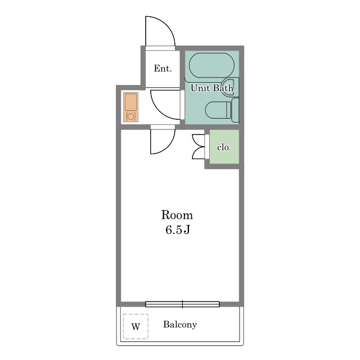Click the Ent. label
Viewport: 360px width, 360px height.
coord(163,69)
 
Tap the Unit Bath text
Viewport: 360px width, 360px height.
coord(212,88)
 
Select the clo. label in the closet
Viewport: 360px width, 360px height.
coord(224,147)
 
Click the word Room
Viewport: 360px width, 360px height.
coord(177,215)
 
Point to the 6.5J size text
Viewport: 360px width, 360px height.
coord(178,230)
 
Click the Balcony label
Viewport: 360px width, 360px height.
coord(180,325)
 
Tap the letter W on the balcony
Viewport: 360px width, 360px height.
coord(136,326)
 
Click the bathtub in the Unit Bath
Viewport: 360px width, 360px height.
coord(211,65)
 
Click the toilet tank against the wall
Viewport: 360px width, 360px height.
coord(235,110)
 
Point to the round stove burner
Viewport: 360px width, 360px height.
coord(130,116)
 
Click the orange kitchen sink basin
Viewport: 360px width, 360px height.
coord(130,102)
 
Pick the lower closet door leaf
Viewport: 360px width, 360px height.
coord(197,152)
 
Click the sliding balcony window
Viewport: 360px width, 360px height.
coord(182,304)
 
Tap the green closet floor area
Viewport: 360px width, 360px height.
coord(224,147)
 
